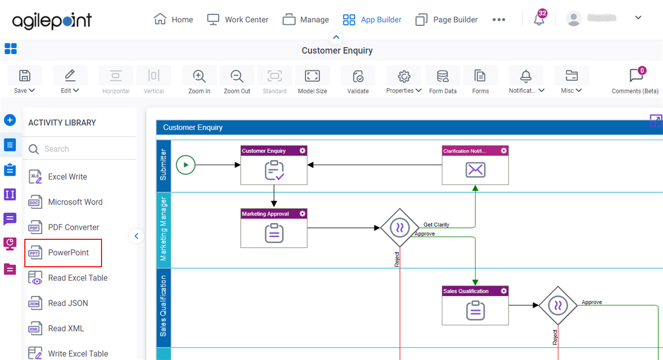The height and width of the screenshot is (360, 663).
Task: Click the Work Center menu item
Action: pos(238,20)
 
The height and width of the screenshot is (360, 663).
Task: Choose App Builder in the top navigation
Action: pos(372,20)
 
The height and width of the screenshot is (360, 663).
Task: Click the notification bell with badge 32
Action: pos(539,19)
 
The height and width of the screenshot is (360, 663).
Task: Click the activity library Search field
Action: pos(80,149)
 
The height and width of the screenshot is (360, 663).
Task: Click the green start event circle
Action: pos(185,165)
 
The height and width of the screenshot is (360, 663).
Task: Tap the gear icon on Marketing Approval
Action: pos(302,213)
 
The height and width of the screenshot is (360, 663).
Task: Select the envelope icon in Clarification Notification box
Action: pos(475,169)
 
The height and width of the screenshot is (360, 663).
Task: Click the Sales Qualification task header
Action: pos(475,291)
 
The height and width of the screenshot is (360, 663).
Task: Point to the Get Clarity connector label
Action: pos(436,225)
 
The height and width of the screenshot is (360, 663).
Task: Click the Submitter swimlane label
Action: pos(163,165)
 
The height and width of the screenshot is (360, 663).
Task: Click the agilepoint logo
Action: pos(52,20)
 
